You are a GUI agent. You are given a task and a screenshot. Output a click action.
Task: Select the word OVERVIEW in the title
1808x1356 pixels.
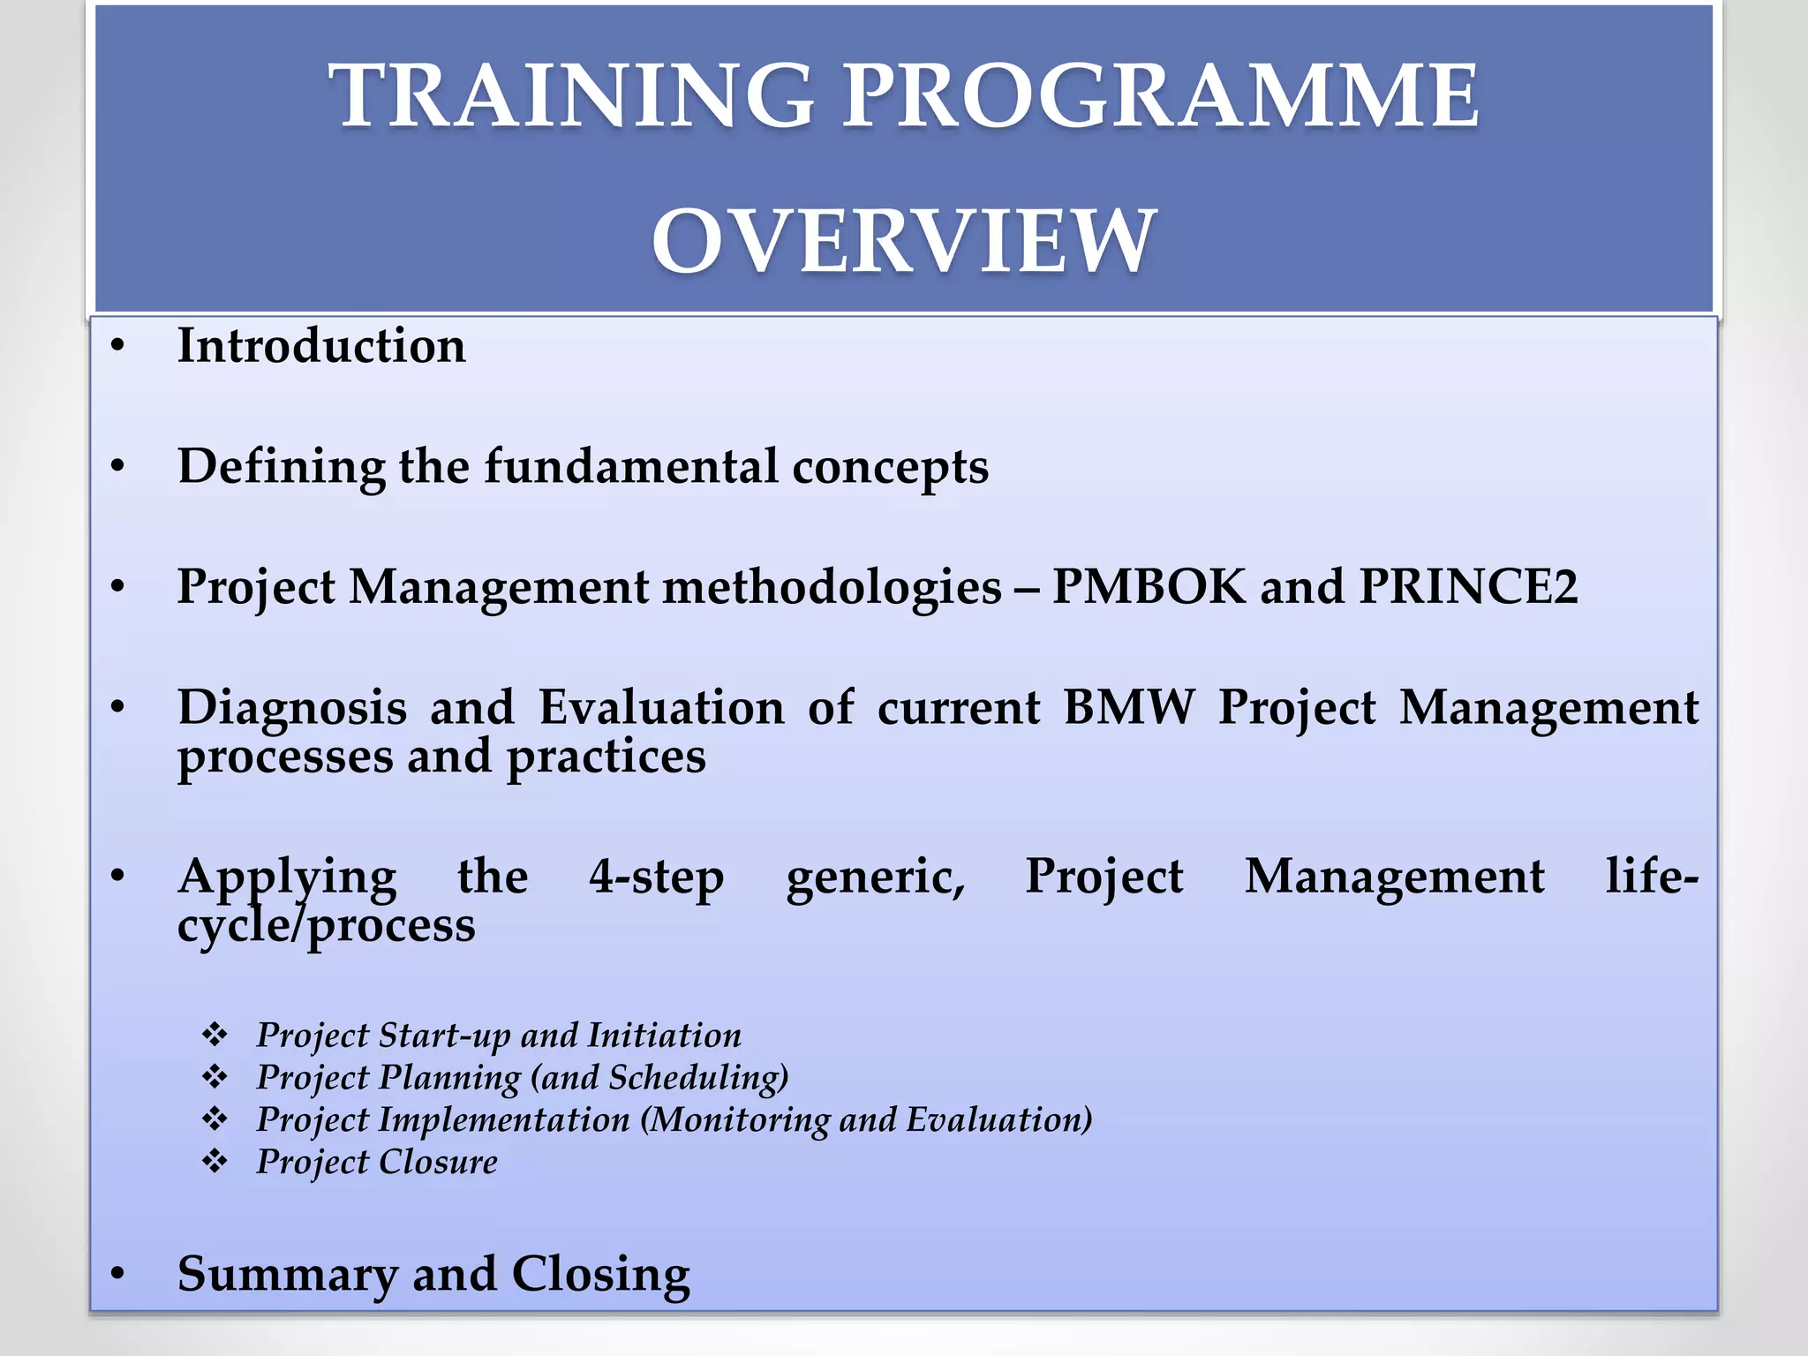pyautogui.click(x=903, y=240)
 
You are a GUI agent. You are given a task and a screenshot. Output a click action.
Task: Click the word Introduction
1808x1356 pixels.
pyautogui.click(x=321, y=345)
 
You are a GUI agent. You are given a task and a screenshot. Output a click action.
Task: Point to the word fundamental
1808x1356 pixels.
pyautogui.click(x=631, y=466)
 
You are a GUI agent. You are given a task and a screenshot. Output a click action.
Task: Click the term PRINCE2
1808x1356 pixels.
pyautogui.click(x=1468, y=586)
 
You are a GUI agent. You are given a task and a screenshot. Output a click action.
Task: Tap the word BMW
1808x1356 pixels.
pyautogui.click(x=1129, y=707)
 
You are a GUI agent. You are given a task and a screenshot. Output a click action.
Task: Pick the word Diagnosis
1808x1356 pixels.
pyautogui.click(x=292, y=707)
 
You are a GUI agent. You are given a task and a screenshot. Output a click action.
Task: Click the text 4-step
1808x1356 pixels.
pyautogui.click(x=657, y=877)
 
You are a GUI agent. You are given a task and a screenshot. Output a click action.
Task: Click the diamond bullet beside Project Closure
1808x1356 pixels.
pyautogui.click(x=215, y=1161)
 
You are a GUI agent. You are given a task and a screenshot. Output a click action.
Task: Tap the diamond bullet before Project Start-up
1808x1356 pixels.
pyautogui.click(x=215, y=1035)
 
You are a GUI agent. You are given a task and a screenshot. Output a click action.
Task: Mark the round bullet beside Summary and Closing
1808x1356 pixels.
pyautogui.click(x=118, y=1274)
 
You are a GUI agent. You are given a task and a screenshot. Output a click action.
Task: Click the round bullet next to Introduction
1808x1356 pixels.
pyautogui.click(x=118, y=346)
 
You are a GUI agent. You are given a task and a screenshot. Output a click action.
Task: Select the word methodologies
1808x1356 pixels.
pyautogui.click(x=832, y=588)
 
